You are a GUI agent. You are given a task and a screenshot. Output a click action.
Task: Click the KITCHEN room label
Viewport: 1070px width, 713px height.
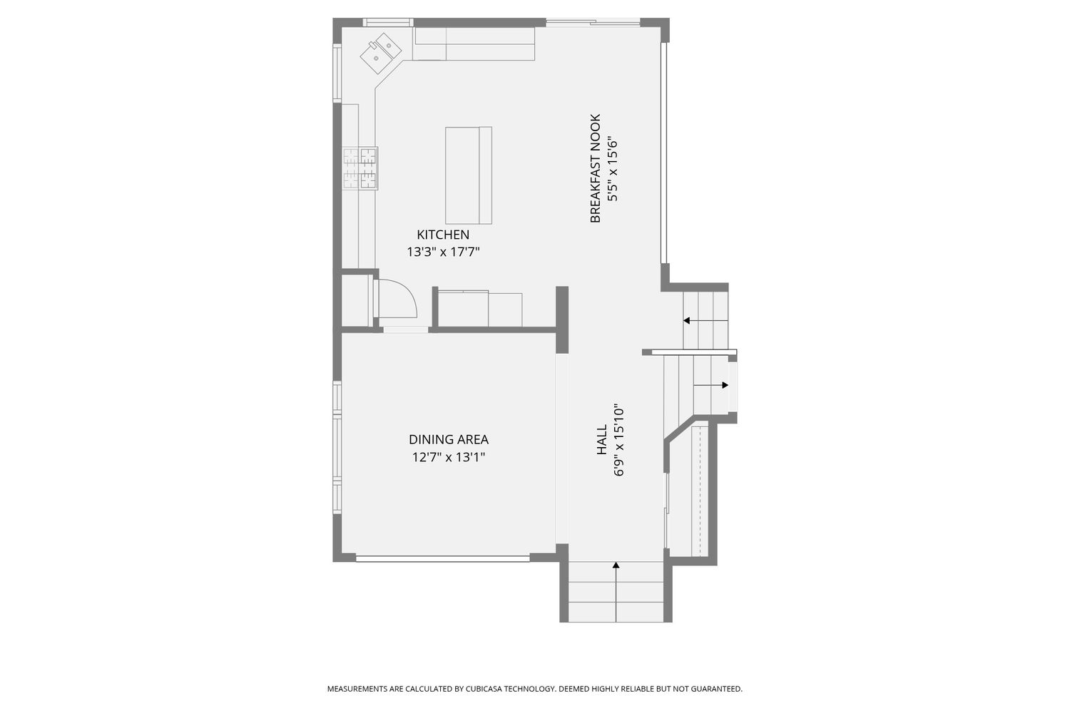(443, 235)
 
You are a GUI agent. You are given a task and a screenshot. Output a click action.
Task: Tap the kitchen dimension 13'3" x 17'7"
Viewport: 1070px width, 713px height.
(443, 252)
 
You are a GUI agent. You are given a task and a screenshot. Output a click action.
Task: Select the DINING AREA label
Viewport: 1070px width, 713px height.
(449, 439)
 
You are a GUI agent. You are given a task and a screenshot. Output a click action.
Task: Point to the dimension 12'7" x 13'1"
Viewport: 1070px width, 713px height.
(449, 457)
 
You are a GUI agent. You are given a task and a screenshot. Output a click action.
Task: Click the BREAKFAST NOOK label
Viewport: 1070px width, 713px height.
(595, 168)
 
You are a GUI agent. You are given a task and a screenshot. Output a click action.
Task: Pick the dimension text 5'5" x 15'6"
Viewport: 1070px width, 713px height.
(612, 170)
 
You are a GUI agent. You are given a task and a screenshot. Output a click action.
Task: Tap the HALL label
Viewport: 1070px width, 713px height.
(602, 439)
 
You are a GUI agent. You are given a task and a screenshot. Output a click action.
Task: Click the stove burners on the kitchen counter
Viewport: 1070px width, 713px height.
(360, 168)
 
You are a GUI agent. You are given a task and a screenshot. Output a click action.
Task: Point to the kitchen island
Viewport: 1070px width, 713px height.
(469, 175)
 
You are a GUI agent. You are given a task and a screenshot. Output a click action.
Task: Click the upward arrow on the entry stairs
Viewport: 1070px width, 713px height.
(616, 592)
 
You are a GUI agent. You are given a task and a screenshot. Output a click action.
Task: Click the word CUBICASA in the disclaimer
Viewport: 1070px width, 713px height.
(484, 689)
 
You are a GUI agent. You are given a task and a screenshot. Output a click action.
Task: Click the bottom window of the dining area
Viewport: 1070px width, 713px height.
(443, 558)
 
